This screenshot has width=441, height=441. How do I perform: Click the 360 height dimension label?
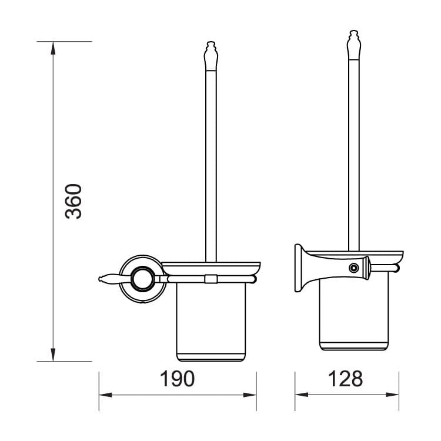point(73,201)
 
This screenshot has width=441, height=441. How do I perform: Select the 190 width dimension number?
point(177,379)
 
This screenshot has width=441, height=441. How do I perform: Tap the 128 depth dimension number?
point(345,379)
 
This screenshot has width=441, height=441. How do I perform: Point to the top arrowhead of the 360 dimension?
point(53,48)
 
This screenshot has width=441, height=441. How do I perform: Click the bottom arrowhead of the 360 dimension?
point(53,355)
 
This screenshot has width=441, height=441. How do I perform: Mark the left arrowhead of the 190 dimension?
point(105,395)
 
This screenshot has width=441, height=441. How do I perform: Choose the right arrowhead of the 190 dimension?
point(250,395)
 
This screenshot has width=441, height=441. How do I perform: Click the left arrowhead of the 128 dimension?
point(302,395)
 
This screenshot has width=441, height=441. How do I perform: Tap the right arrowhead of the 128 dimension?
point(392,395)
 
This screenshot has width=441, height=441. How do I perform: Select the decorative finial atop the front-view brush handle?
point(211,56)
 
